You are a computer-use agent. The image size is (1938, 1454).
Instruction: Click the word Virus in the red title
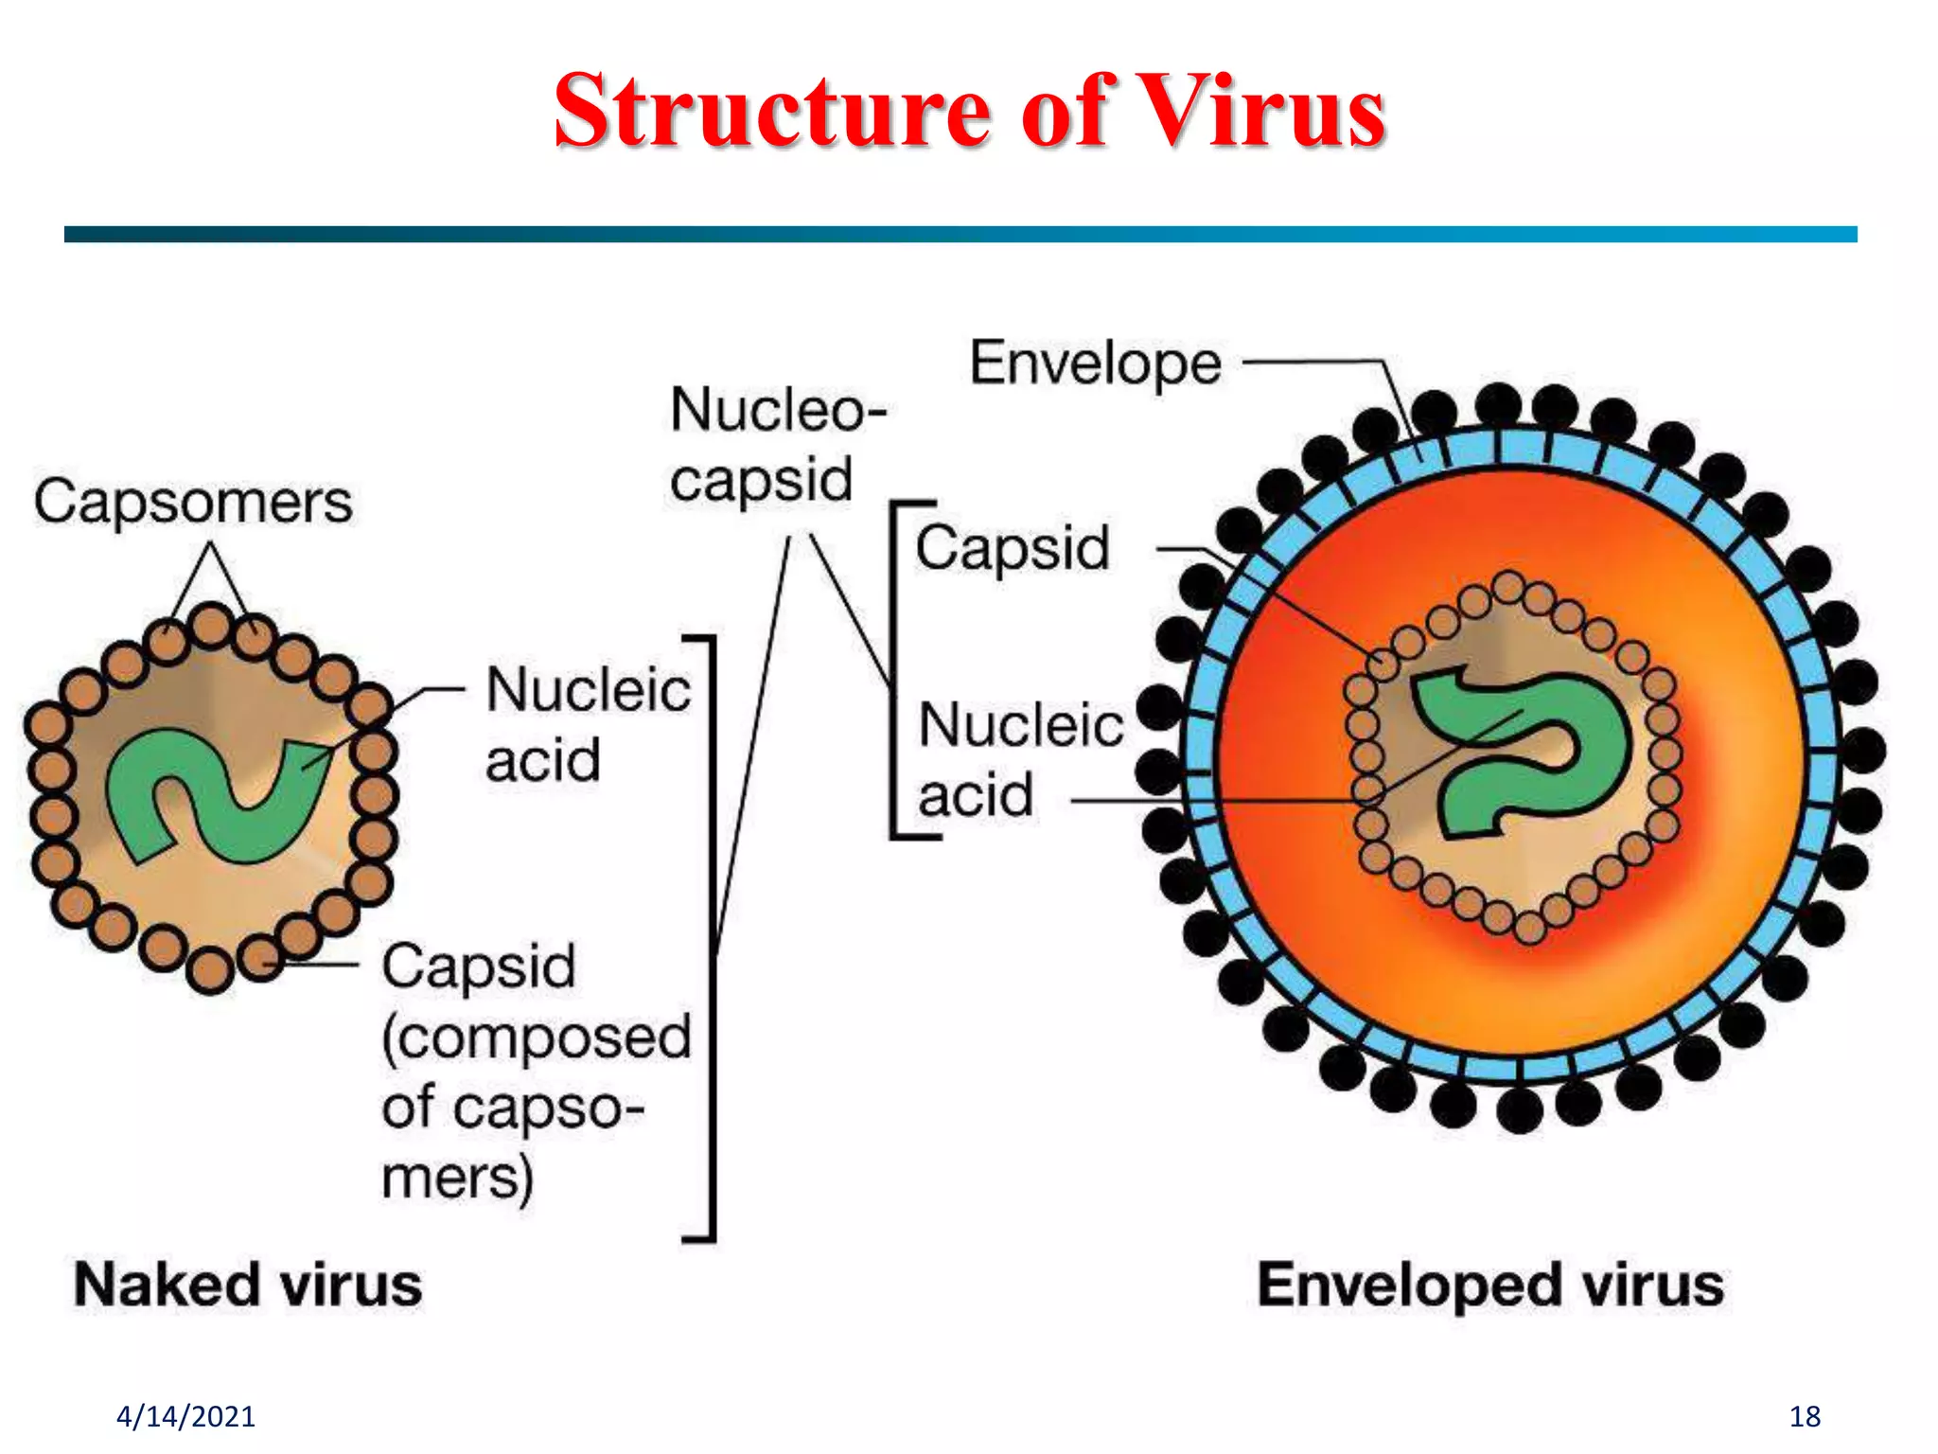[1260, 112]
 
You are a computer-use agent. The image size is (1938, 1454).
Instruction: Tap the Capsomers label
[193, 502]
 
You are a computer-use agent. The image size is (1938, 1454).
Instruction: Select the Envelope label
[1096, 363]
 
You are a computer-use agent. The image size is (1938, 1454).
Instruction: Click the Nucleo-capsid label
[776, 445]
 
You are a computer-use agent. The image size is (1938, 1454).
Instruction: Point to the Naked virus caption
[248, 1285]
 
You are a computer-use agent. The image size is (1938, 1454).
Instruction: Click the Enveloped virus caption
[1489, 1285]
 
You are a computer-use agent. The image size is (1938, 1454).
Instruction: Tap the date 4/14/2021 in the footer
[185, 1416]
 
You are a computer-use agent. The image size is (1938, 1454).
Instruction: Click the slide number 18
[1805, 1416]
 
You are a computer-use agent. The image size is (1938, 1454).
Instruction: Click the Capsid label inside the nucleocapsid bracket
[1012, 548]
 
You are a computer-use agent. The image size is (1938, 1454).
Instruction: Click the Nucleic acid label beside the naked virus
[587, 724]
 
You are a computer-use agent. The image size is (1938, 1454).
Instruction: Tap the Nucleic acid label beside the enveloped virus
[1020, 759]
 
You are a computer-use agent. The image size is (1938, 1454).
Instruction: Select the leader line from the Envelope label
[1325, 362]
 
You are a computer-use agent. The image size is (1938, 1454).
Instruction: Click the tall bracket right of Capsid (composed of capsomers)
[711, 937]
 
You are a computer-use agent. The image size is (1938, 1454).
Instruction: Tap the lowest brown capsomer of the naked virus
[209, 970]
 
